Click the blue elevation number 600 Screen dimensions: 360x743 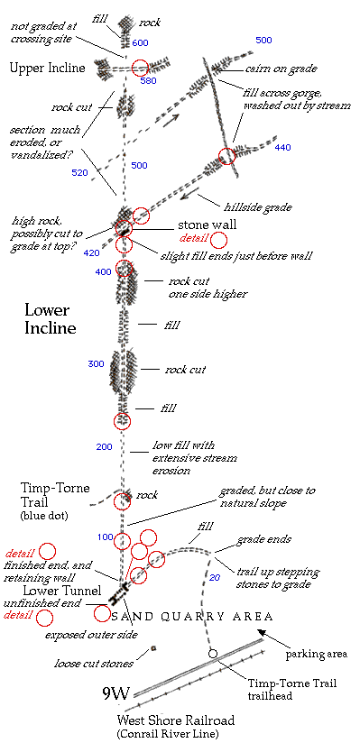(141, 43)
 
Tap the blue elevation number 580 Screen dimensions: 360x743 (149, 80)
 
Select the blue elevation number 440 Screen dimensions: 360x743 (282, 147)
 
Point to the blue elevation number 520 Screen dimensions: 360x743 (79, 173)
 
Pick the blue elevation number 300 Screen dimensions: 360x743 (96, 364)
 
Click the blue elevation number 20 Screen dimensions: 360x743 (215, 578)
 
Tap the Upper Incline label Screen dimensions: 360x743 (48, 68)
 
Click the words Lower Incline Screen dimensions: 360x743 (51, 319)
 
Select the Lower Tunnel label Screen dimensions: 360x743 (61, 591)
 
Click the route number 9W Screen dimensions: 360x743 (116, 693)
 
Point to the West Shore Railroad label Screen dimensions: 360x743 (176, 720)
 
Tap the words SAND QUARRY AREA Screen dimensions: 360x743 (191, 617)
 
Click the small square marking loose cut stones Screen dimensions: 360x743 (153, 647)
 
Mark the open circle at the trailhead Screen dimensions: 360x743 (213, 654)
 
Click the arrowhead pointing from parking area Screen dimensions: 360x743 (260, 632)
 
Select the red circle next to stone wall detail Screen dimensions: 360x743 (218, 240)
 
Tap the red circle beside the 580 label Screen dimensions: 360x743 (140, 68)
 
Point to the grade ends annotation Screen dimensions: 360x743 (263, 540)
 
